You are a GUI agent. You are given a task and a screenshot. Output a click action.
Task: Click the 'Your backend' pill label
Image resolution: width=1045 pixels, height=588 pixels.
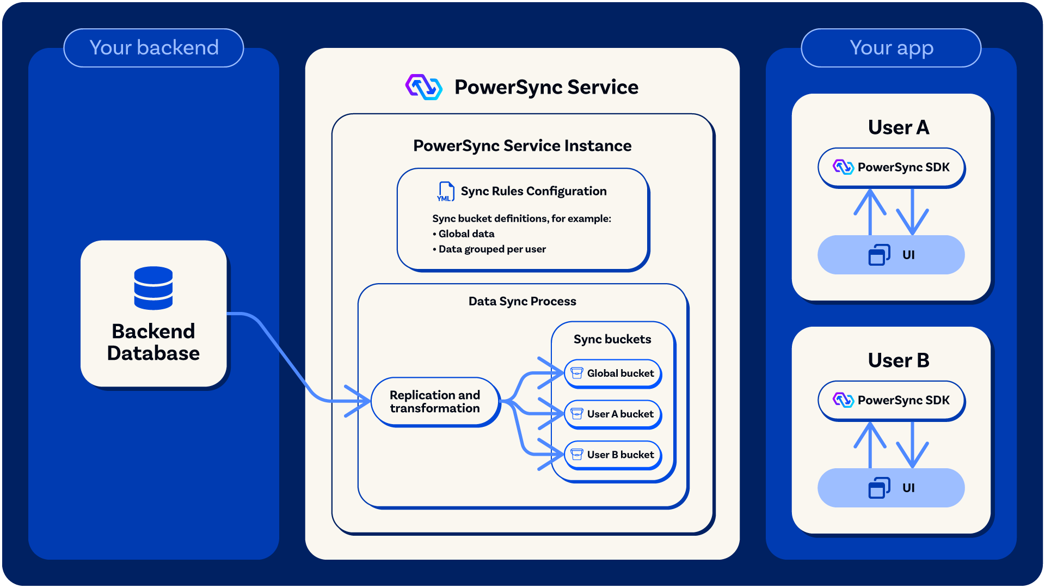153,48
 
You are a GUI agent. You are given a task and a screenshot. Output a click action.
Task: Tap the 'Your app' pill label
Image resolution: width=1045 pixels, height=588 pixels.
891,48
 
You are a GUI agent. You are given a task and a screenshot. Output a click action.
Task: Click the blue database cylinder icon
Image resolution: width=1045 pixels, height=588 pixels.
153,288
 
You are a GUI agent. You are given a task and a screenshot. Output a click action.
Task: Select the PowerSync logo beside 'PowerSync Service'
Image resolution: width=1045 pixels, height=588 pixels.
423,87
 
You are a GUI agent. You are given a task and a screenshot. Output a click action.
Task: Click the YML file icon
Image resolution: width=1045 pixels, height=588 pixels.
445,192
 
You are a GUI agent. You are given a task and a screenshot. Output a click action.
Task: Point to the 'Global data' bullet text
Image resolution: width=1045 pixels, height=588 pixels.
463,234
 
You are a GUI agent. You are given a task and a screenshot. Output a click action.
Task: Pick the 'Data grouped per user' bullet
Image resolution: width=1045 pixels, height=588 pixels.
489,249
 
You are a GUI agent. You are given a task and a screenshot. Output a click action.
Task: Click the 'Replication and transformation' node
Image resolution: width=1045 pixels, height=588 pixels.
435,402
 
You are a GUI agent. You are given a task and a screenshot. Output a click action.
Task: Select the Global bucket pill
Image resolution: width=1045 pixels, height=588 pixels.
613,373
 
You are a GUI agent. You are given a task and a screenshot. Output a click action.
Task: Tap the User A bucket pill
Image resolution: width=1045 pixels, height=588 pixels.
613,414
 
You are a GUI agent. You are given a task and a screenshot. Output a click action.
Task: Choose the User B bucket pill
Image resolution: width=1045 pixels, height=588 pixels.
613,455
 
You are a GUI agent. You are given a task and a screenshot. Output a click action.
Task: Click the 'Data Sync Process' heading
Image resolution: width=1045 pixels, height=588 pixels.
522,301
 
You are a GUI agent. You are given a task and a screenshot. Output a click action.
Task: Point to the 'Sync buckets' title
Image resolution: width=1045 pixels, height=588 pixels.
612,339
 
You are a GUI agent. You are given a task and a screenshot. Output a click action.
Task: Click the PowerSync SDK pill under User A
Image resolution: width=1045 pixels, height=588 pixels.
891,167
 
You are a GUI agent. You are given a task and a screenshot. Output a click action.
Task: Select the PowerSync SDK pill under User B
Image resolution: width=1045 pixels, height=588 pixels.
891,400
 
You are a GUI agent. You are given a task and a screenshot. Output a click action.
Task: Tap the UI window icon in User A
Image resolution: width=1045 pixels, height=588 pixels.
879,255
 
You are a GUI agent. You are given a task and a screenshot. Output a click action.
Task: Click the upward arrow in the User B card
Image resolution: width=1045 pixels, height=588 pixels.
870,445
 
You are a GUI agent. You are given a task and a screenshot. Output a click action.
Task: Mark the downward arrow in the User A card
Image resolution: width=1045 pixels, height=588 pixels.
912,211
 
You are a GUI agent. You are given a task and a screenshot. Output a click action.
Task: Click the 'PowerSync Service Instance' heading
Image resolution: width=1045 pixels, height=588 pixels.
522,146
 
